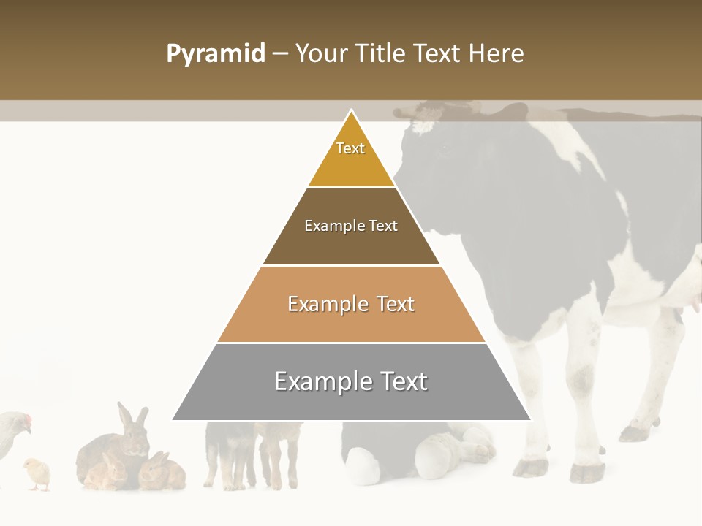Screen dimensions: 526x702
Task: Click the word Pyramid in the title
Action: pyautogui.click(x=215, y=54)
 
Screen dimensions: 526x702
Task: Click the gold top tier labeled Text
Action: pyautogui.click(x=351, y=157)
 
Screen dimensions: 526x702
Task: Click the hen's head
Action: pyautogui.click(x=22, y=422)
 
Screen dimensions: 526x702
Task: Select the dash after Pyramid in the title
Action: pyautogui.click(x=279, y=54)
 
